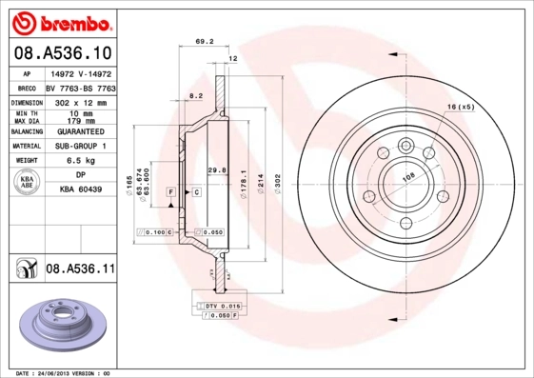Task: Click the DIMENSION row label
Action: click(x=28, y=100)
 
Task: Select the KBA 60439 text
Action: click(x=81, y=191)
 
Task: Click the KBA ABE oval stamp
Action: click(x=27, y=184)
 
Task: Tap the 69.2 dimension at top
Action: click(x=203, y=42)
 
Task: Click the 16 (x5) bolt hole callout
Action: click(x=460, y=107)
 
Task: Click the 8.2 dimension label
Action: click(x=195, y=97)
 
